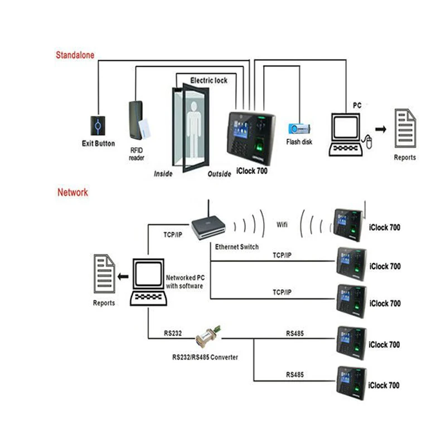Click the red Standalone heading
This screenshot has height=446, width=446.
[75, 55]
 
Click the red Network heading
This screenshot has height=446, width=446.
[72, 192]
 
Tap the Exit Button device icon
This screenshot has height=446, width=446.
[98, 125]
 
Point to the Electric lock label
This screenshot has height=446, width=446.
[209, 81]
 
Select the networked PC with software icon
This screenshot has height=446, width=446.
[148, 282]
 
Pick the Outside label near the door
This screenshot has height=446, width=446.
[219, 174]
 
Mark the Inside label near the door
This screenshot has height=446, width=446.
[163, 173]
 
